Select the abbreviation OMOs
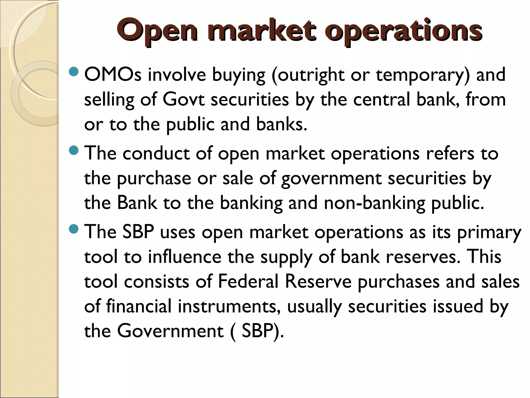tap(113, 75)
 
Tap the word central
tap(382, 99)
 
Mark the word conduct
tap(156, 153)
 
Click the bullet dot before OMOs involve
tap(74, 72)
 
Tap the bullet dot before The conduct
tap(74, 151)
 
